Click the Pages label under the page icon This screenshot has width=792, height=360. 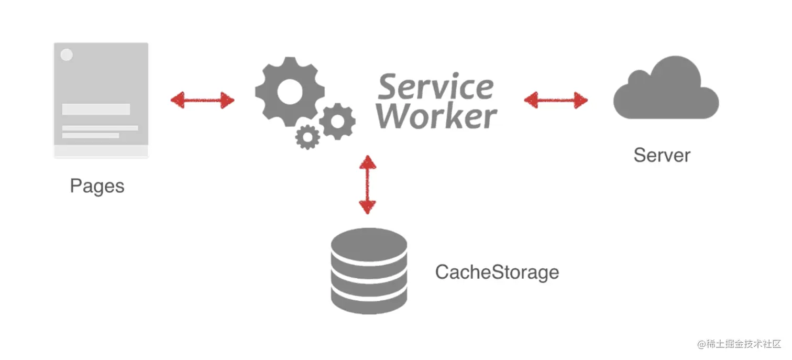pos(97,186)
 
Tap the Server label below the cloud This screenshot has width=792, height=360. pos(662,155)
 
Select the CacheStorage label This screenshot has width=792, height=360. pos(497,272)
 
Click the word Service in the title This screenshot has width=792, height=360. pos(435,86)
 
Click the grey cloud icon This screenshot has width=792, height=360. pos(666,91)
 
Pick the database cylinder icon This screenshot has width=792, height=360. pos(369,271)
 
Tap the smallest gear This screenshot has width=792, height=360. pos(307,136)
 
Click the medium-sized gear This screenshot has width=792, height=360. pos(337,121)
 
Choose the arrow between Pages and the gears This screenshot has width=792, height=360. pos(202,100)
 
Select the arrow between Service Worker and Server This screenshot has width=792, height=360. pos(556,99)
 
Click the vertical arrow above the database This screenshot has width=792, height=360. pos(368,184)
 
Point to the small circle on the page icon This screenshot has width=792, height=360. pos(67,54)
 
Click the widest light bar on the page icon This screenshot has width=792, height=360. pos(100,128)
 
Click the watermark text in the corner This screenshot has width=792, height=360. pos(739,344)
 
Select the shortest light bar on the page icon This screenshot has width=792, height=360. pos(91,136)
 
